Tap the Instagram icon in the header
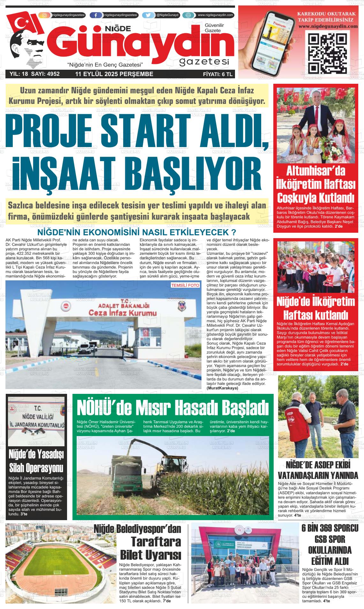pyautogui.click(x=44, y=15)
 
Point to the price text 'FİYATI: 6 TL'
pyautogui.click(x=217, y=74)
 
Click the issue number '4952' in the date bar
pyautogui.click(x=53, y=74)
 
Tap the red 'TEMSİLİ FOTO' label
pyautogui.click(x=185, y=285)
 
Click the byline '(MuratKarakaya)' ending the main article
pyautogui.click(x=223, y=388)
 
